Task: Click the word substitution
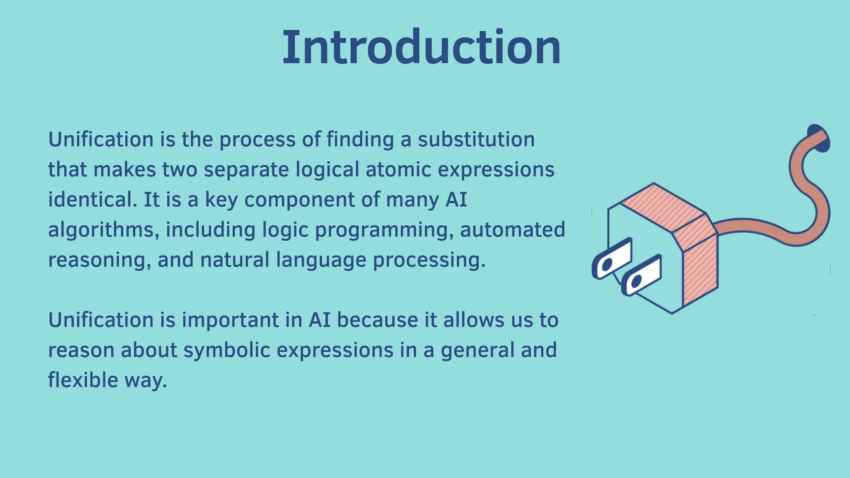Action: [476, 139]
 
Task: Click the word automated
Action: [513, 230]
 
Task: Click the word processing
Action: [429, 260]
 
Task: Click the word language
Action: [321, 260]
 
